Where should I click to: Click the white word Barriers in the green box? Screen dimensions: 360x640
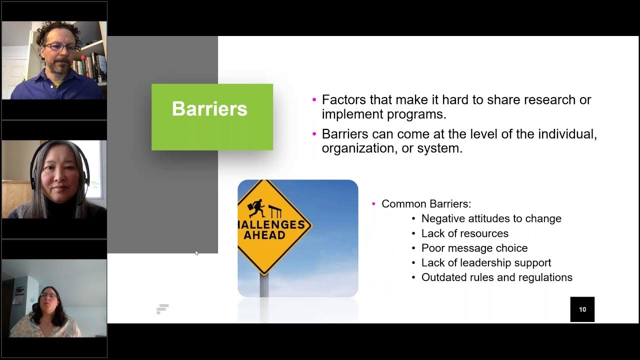point(209,109)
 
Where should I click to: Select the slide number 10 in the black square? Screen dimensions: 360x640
point(582,309)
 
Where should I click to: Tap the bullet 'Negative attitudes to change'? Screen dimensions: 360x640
point(491,218)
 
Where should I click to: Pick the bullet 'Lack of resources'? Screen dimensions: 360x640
point(464,233)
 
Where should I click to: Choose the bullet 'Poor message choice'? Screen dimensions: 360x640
point(474,248)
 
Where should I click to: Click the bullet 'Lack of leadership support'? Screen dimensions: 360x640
point(486,262)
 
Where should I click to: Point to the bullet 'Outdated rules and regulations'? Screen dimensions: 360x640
point(496,277)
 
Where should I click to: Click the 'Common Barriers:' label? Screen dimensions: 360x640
point(426,204)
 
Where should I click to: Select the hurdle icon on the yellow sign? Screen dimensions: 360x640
point(274,210)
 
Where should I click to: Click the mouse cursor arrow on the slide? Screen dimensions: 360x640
point(196,253)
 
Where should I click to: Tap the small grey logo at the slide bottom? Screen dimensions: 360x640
point(162,309)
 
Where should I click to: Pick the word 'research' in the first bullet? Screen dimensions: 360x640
point(530,100)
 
